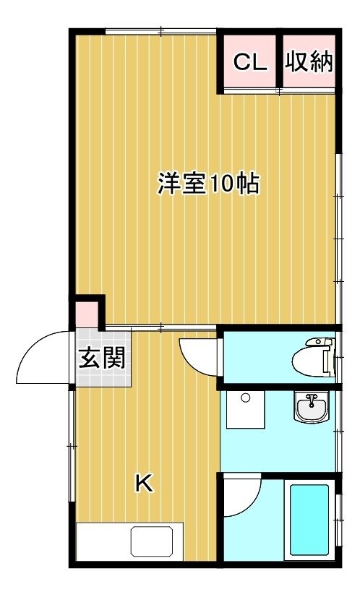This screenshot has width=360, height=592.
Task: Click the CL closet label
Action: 249,62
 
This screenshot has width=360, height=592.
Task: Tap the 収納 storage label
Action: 309,61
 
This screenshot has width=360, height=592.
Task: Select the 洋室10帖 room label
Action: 208,184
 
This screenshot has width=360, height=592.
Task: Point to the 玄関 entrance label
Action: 102,358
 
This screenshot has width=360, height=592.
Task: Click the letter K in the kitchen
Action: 145,483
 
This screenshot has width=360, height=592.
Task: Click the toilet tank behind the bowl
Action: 327,357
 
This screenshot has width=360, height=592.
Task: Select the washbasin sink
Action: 312,407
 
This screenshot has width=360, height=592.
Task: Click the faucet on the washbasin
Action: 312,400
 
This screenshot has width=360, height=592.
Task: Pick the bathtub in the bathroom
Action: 309,520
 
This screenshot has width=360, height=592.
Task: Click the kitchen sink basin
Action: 152,542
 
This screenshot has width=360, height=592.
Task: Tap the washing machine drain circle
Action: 246,398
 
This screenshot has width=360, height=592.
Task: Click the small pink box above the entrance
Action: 87,314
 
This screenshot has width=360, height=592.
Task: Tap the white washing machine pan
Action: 246,409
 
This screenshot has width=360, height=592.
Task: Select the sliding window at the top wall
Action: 160,31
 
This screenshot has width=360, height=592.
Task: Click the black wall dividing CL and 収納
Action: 279,61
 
